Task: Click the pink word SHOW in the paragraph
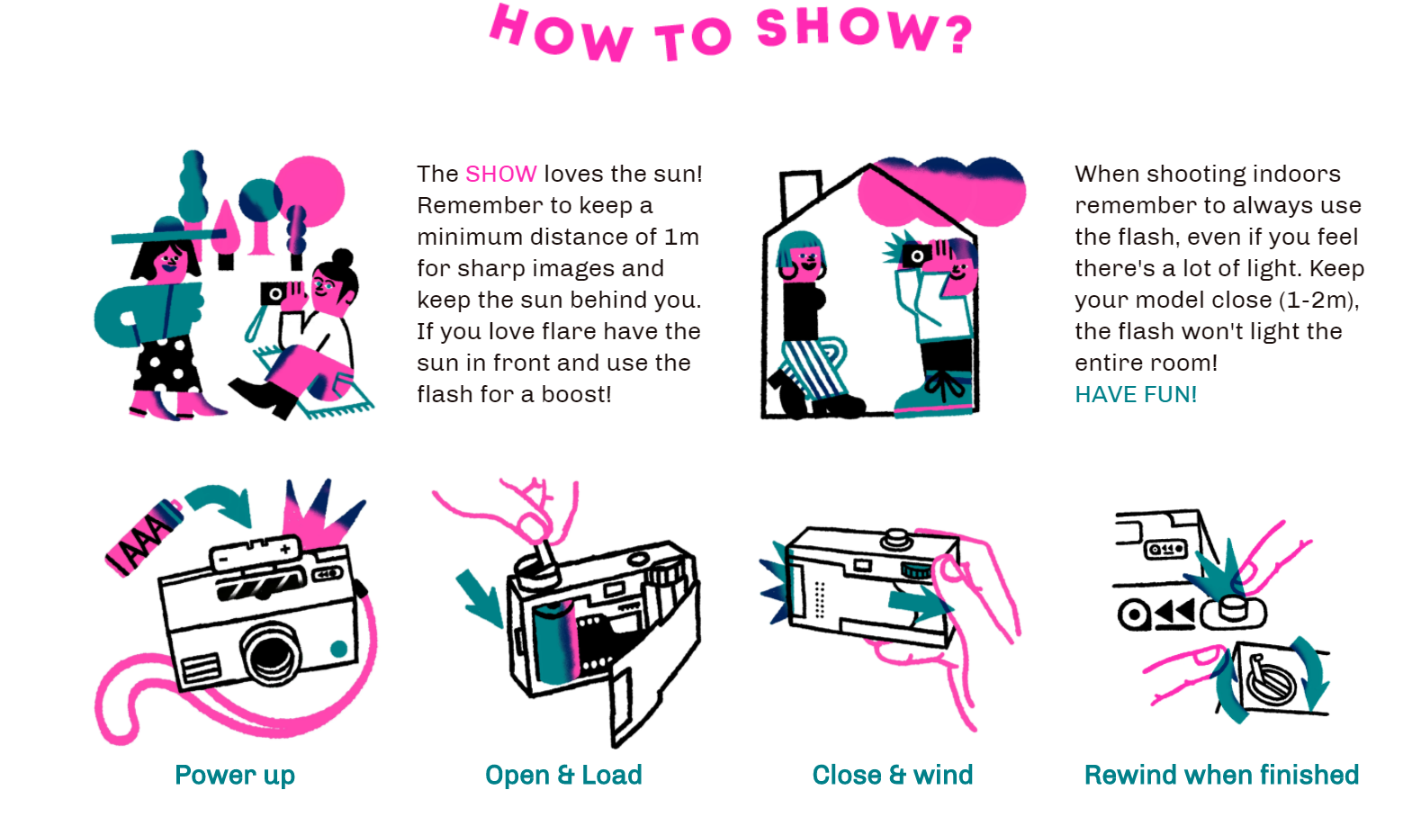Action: (500, 174)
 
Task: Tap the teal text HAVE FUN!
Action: (1135, 394)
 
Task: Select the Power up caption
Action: (235, 775)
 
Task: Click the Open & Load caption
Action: (563, 775)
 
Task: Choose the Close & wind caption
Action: (892, 775)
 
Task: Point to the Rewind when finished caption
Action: (1221, 775)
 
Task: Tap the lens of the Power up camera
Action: (270, 653)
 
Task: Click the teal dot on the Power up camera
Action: (338, 649)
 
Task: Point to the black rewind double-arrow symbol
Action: (1174, 614)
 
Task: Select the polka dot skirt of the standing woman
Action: (166, 364)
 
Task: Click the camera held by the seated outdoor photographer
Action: (274, 293)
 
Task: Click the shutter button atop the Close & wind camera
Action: (895, 538)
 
